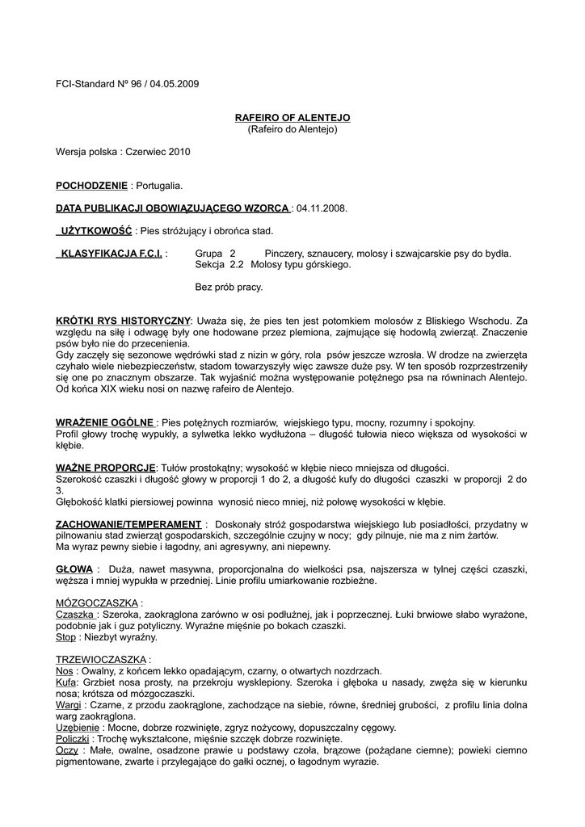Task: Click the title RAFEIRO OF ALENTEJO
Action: (292, 118)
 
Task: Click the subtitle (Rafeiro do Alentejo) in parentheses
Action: (292, 129)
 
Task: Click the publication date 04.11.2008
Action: (322, 208)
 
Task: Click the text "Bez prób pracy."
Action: (229, 287)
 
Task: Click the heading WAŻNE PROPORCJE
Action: (106, 468)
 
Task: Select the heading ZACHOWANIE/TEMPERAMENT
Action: (128, 524)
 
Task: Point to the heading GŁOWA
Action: (74, 569)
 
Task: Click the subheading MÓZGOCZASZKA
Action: (98, 603)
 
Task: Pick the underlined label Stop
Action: (65, 637)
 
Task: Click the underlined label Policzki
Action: (72, 739)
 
